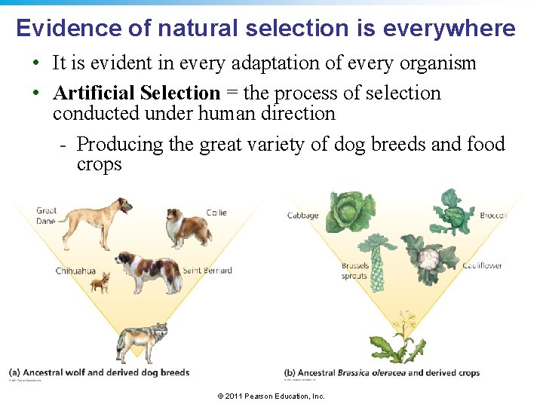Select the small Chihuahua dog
pyautogui.click(x=100, y=283)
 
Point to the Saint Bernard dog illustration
pyautogui.click(x=148, y=271)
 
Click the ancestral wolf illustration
pyautogui.click(x=143, y=341)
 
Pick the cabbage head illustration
pyautogui.click(x=349, y=211)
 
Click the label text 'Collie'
pyautogui.click(x=216, y=213)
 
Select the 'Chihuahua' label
pyautogui.click(x=75, y=271)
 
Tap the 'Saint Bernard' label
pyautogui.click(x=207, y=271)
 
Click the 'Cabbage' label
pyautogui.click(x=302, y=216)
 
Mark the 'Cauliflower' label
pyautogui.click(x=483, y=266)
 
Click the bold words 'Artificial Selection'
pyautogui.click(x=137, y=93)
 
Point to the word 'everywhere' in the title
pyautogui.click(x=449, y=29)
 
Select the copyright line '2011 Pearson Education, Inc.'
pyautogui.click(x=271, y=396)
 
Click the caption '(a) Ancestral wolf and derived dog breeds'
pyautogui.click(x=99, y=372)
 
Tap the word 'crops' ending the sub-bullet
pyautogui.click(x=99, y=165)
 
